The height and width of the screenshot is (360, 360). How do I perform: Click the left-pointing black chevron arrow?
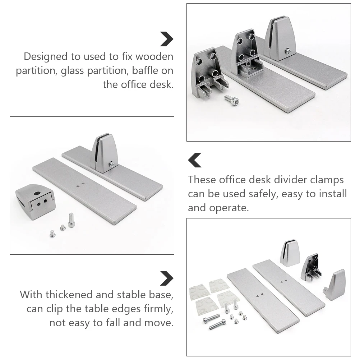(x=195, y=160)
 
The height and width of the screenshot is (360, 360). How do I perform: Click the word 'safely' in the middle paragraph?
(x=263, y=194)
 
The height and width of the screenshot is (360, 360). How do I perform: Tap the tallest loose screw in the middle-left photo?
(x=71, y=220)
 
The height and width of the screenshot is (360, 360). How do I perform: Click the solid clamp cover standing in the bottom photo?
(x=290, y=253)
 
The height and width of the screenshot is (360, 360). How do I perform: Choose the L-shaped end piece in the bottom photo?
(x=335, y=285)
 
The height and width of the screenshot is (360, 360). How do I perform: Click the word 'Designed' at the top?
(x=45, y=56)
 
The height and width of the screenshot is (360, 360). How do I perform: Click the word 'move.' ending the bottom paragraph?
(x=158, y=323)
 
